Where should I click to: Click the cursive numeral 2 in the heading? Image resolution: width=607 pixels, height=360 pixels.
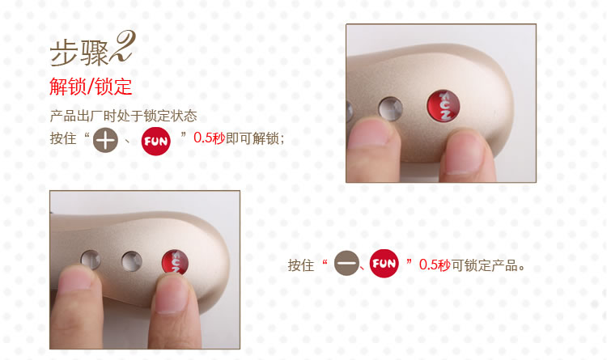pos(123,47)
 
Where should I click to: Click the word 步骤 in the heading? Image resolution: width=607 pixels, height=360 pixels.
pos(79,54)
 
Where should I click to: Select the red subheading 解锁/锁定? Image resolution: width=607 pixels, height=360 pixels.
pos(91,87)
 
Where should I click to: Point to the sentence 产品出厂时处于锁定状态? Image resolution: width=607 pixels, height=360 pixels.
pos(124,116)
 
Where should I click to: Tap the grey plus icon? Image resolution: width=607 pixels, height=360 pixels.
pos(105,140)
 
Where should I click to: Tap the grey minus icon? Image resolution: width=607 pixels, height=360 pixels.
pos(346,263)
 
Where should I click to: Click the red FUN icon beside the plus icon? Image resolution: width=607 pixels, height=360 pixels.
pos(156,141)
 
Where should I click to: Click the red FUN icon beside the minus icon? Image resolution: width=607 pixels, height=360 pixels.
pos(384,263)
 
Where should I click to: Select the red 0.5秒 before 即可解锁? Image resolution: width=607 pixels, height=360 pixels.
pos(209,138)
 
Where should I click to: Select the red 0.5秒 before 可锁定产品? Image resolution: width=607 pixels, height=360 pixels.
pos(435,265)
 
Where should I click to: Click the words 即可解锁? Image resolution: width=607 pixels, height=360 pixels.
pos(253,138)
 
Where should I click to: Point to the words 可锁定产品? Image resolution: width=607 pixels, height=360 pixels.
pos(485,265)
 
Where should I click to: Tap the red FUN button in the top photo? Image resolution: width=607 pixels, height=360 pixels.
pos(444,106)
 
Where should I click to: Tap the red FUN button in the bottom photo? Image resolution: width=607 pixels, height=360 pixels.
pos(175,261)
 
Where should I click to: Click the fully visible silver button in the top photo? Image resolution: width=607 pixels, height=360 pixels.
pos(391,108)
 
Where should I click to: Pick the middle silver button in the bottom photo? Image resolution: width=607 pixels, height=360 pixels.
pos(132,261)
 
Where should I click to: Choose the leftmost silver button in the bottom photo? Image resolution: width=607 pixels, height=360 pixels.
pos(91,260)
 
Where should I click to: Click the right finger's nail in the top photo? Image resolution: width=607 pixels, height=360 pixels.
pos(464,152)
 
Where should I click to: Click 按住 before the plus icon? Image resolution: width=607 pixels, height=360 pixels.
pos(63,138)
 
